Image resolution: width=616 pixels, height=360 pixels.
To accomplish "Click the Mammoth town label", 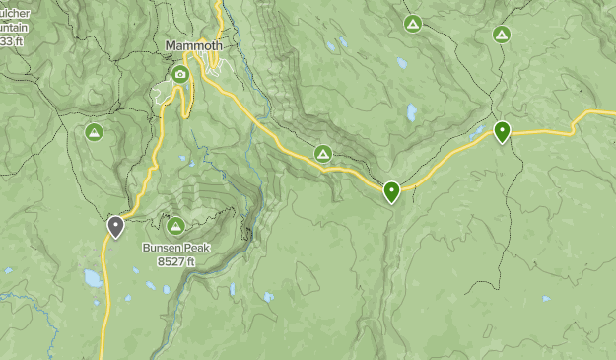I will click(194, 46).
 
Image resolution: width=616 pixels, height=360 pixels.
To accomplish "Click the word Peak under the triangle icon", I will click(196, 249).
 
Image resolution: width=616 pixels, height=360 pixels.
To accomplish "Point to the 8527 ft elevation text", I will click(176, 261).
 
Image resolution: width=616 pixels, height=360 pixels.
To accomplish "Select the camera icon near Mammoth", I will click(179, 74).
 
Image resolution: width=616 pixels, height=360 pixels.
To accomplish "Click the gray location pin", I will click(115, 227).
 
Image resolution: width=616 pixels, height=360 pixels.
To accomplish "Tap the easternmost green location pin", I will click(503, 130).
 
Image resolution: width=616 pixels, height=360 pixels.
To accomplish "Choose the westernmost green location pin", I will click(392, 190).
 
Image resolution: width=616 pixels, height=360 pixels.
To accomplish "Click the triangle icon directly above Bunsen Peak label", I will click(176, 226).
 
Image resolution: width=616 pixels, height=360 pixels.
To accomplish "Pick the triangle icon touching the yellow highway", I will click(322, 153).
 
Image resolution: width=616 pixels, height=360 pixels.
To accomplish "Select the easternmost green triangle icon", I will click(502, 35).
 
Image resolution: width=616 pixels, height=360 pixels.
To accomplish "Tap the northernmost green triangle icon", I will click(412, 23).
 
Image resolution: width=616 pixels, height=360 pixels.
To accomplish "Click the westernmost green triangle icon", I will click(94, 131).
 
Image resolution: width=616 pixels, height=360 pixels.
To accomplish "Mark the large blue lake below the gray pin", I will click(93, 278).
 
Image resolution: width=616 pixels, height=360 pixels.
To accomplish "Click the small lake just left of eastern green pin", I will click(480, 129).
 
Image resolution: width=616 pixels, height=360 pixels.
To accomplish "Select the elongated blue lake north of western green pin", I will click(411, 112).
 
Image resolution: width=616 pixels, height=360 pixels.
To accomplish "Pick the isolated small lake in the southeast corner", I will click(544, 298).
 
